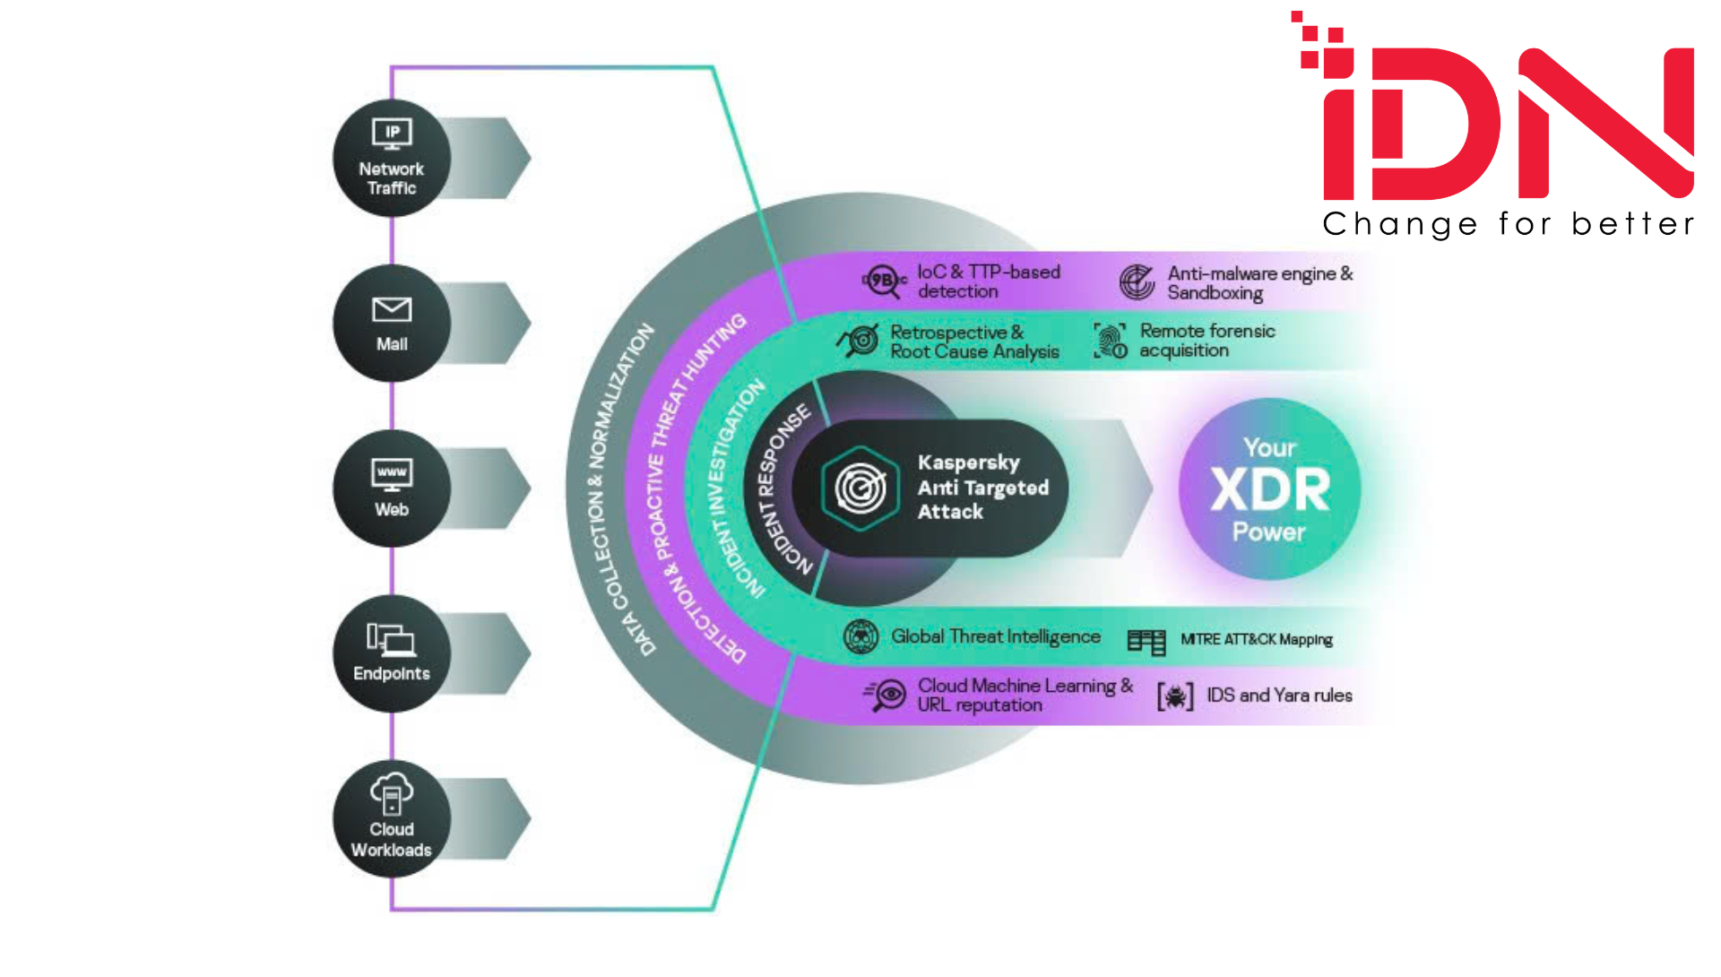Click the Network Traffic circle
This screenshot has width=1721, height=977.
(392, 158)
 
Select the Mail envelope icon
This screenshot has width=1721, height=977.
(392, 309)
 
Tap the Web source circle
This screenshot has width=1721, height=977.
(392, 488)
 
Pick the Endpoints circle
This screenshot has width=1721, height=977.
(392, 653)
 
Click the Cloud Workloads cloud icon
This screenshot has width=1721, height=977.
(392, 793)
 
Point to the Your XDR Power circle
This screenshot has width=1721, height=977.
(1269, 489)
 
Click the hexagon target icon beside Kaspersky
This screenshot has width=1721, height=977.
(860, 488)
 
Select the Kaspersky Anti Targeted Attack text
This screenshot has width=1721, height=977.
(982, 487)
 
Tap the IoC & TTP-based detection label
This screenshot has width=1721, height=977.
(988, 281)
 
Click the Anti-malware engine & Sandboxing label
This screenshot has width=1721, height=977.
(1259, 282)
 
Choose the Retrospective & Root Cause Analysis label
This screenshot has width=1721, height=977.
(974, 342)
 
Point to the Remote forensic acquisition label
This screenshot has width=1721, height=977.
(1206, 341)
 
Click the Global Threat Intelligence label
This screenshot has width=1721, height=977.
(995, 636)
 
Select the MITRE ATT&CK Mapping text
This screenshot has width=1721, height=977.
(1256, 639)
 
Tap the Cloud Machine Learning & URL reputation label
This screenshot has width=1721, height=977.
(1025, 695)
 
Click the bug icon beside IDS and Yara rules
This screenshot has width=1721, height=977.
(1175, 696)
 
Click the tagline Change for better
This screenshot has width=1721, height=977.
(1509, 224)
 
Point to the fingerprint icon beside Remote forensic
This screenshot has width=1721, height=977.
(1111, 341)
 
